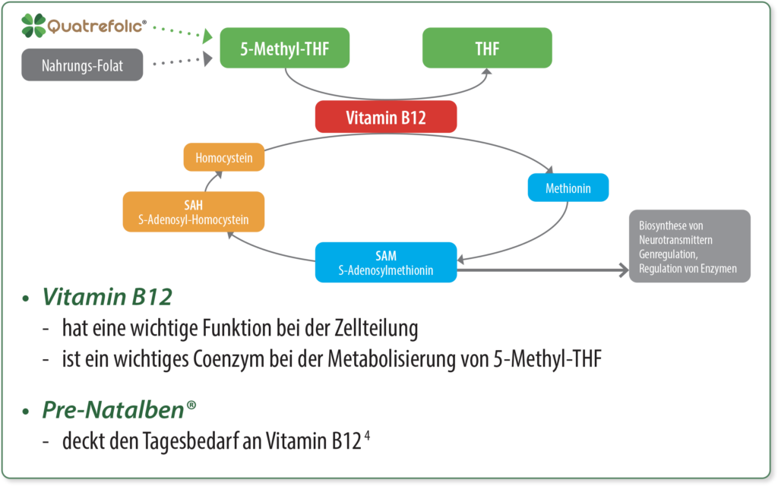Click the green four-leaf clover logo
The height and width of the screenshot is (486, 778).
click(x=34, y=26)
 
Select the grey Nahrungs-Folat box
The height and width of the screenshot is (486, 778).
click(x=82, y=65)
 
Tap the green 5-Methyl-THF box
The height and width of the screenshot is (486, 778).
click(x=284, y=48)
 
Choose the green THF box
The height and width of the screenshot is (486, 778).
click(x=487, y=48)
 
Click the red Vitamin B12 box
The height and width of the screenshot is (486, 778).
click(x=386, y=118)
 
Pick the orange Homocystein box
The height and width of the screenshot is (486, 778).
click(x=224, y=158)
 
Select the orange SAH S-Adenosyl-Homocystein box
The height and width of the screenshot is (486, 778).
click(x=194, y=212)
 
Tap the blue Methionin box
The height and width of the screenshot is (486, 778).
click(x=568, y=187)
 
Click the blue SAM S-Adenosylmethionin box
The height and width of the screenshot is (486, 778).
click(x=386, y=262)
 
